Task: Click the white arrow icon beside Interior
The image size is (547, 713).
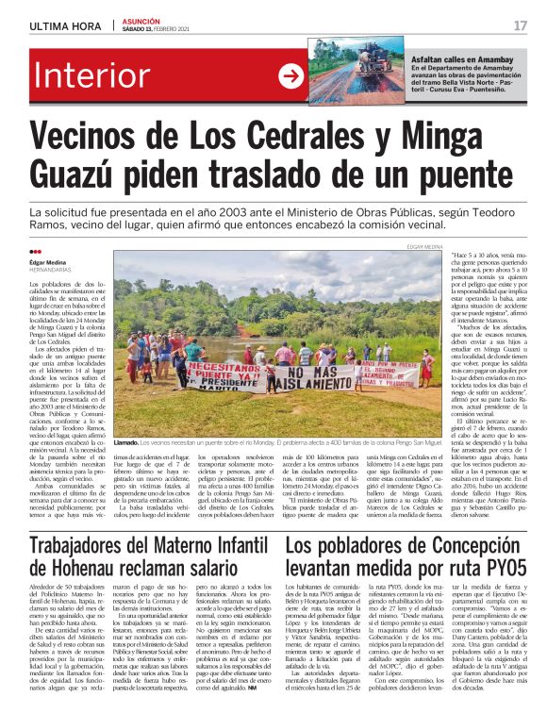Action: coord(290,76)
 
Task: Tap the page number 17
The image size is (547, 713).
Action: coord(520,25)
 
